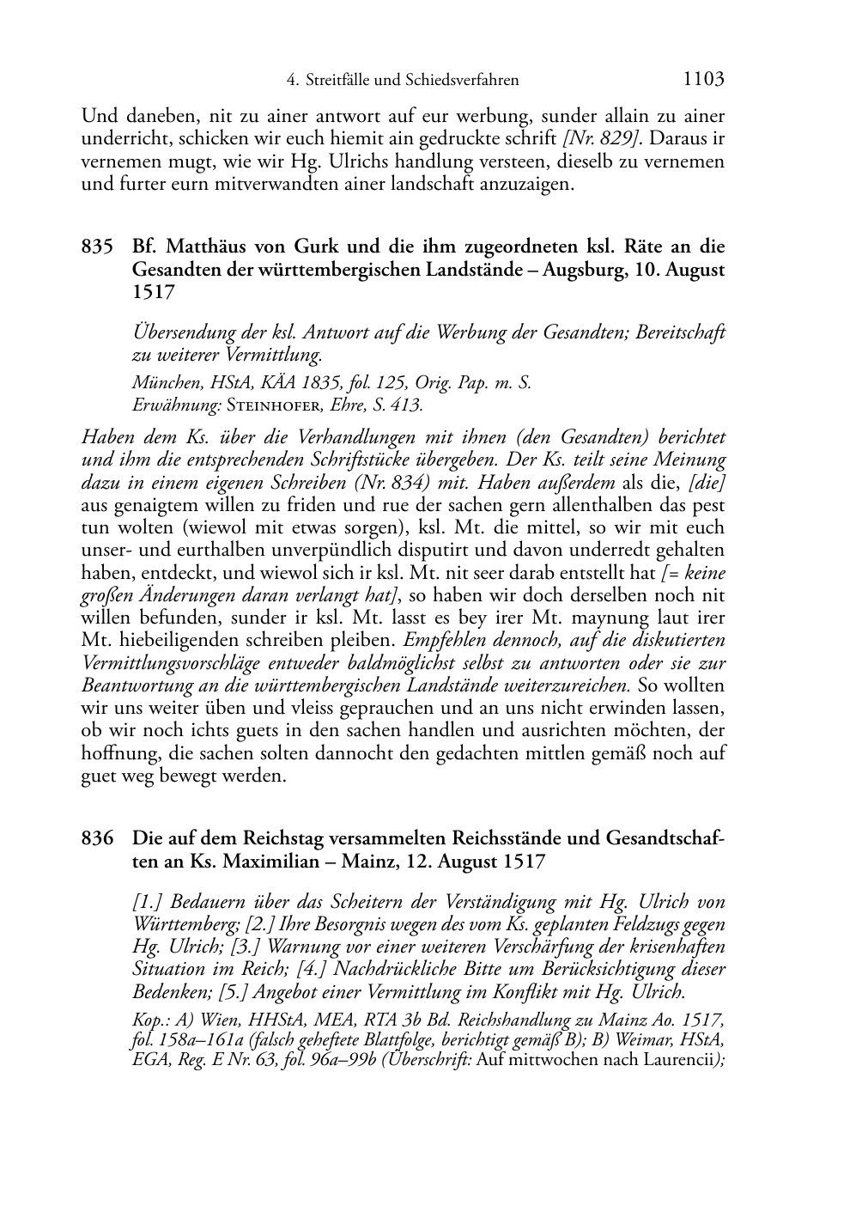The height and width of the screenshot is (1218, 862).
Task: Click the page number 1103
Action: tap(704, 80)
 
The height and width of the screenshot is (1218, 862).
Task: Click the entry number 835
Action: tap(98, 247)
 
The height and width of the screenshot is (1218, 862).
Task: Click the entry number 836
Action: tap(98, 838)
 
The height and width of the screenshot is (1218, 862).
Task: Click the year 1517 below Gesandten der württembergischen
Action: tap(154, 292)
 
